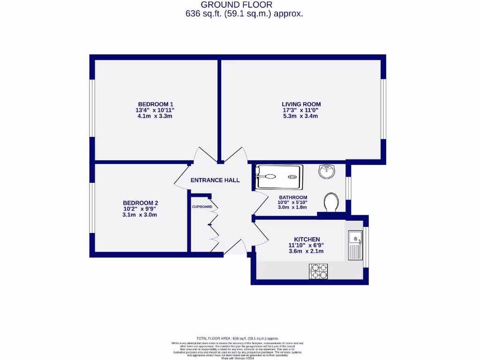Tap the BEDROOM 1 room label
coord(156,104)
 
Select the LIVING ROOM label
coord(301,104)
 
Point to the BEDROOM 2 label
coord(140,203)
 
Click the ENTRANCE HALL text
coord(215,180)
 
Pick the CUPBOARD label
coord(202,207)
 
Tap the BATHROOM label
coord(293,197)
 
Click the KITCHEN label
coord(307,239)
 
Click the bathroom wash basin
coord(327,171)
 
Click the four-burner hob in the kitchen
coord(318,271)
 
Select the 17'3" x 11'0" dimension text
coord(301,110)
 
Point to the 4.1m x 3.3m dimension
coord(156,116)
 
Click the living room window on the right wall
coord(383,109)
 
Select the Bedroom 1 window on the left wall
coord(93,108)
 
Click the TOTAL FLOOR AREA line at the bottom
coord(238,338)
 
